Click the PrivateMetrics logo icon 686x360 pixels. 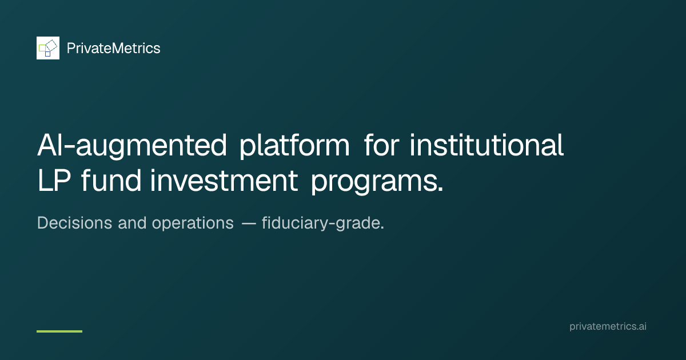(48, 48)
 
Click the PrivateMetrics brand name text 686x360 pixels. (113, 49)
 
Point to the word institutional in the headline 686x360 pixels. (486, 145)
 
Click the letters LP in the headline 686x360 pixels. (54, 181)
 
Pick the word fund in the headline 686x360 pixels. (111, 181)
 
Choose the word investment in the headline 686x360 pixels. (224, 181)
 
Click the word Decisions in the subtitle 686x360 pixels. (75, 223)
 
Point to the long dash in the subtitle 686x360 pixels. (249, 224)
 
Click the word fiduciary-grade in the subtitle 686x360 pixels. (321, 223)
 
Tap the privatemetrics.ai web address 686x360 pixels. (608, 326)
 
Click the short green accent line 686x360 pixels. (59, 331)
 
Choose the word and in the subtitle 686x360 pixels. (132, 223)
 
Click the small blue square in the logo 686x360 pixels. (48, 54)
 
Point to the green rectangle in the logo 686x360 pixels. (42, 48)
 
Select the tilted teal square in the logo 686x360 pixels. (51, 45)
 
